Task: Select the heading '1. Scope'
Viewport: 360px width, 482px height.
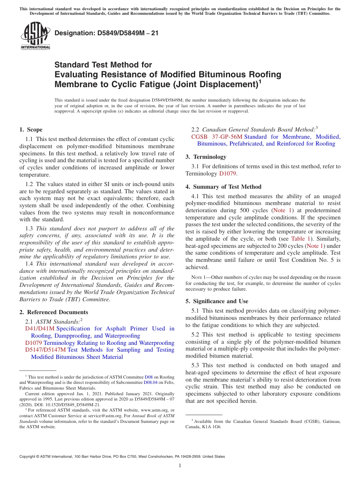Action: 31,130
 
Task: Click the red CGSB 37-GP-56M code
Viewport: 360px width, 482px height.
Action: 216,137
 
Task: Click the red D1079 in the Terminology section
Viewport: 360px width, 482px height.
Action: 228,174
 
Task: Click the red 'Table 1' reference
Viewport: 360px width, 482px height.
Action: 300,238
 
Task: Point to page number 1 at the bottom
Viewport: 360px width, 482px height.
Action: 180,466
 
